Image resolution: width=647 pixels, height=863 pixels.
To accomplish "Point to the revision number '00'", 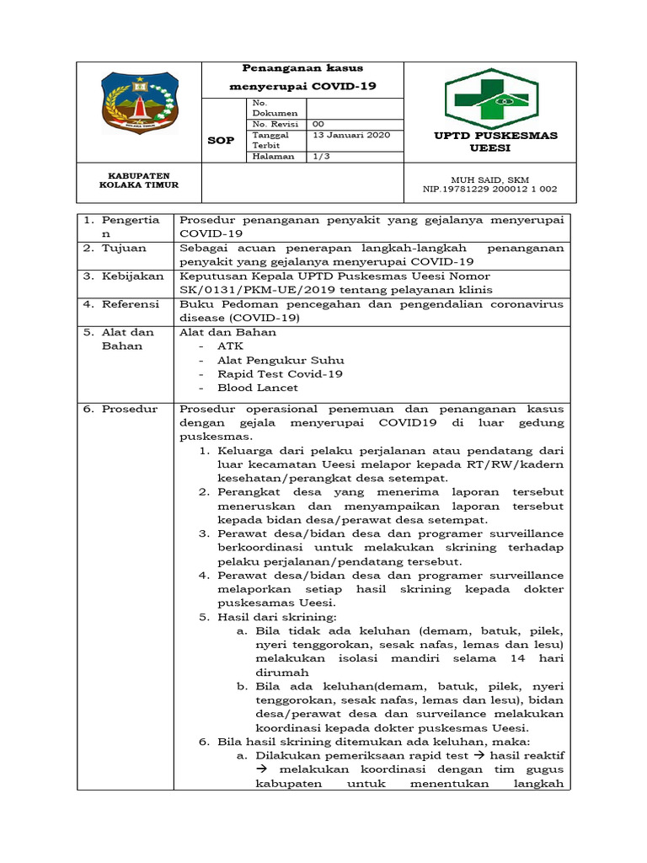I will (318, 124).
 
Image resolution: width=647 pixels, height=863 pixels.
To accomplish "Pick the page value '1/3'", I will (321, 156).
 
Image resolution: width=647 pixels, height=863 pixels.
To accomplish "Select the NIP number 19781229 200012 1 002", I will (489, 190).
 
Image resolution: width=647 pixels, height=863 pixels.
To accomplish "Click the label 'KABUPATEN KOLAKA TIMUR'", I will (139, 180).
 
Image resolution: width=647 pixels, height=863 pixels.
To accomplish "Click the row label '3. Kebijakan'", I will (123, 276).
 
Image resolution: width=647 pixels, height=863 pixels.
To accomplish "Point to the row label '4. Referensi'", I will (123, 303).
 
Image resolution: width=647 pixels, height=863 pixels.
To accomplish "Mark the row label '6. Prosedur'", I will (120, 409).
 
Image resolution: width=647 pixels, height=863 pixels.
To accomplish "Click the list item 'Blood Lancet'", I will (257, 388).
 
